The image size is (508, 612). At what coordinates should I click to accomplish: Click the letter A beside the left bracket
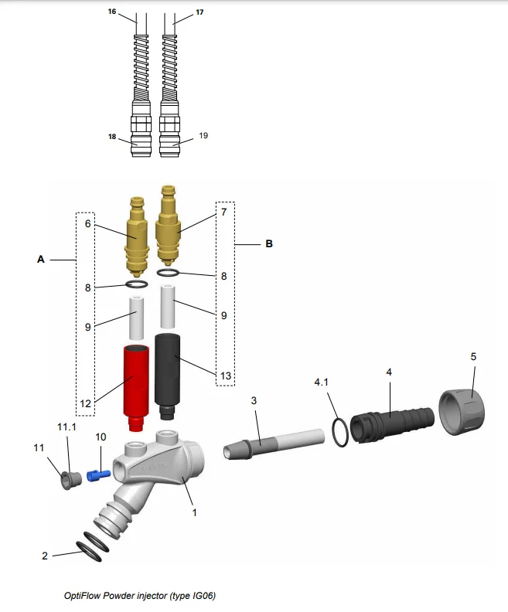[x=41, y=260]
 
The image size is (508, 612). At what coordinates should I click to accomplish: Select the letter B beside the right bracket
[x=269, y=243]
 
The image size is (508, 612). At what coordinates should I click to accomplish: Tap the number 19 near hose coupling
[x=203, y=135]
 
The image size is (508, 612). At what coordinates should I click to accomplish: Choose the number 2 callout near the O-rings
[x=45, y=555]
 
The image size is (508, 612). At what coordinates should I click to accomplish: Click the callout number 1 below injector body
[x=195, y=511]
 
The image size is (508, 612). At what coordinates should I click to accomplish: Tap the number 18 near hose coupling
[x=112, y=137]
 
